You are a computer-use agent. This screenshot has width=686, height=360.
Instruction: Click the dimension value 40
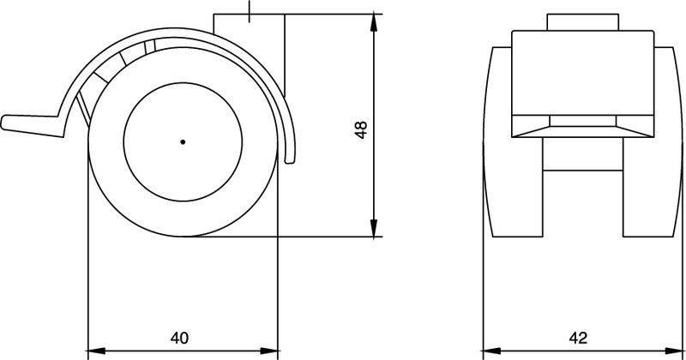tap(179, 338)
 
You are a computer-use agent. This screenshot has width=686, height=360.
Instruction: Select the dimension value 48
tap(361, 129)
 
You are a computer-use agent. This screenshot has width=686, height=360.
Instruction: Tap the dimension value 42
tap(578, 338)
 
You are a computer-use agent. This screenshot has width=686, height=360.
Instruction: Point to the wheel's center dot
tap(183, 142)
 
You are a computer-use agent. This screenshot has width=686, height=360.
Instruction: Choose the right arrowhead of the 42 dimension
tap(669, 350)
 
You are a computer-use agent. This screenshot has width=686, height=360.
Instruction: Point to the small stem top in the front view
tap(581, 22)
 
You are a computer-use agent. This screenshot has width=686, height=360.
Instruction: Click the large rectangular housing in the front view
tap(581, 73)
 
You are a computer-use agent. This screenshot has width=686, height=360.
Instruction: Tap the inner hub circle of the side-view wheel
tap(183, 142)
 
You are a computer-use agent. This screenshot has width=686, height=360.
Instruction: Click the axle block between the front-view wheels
tap(581, 154)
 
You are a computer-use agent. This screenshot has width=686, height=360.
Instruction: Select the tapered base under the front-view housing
tap(581, 127)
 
